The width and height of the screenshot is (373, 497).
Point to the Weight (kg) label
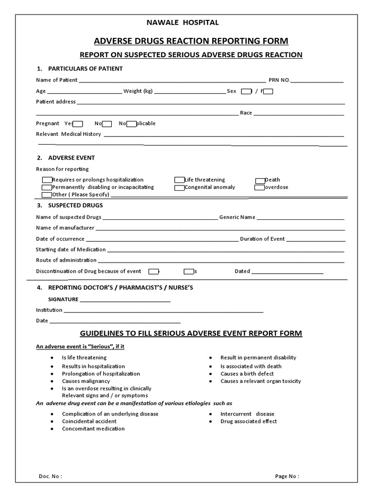click(138, 91)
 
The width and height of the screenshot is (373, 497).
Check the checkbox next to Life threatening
click(179, 180)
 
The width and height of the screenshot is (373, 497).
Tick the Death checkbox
click(260, 180)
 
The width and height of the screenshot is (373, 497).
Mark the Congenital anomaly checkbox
click(179, 187)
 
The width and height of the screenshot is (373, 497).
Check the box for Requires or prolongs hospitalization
click(47, 180)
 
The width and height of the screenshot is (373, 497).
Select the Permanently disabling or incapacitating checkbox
click(47, 187)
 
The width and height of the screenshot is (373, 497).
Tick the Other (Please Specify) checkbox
click(47, 195)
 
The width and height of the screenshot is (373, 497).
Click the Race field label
click(246, 113)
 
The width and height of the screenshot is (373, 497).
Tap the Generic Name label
click(237, 217)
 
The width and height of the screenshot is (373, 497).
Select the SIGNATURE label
click(63, 299)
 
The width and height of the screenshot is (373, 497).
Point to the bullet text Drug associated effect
click(249, 421)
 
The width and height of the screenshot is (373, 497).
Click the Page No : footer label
click(287, 476)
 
